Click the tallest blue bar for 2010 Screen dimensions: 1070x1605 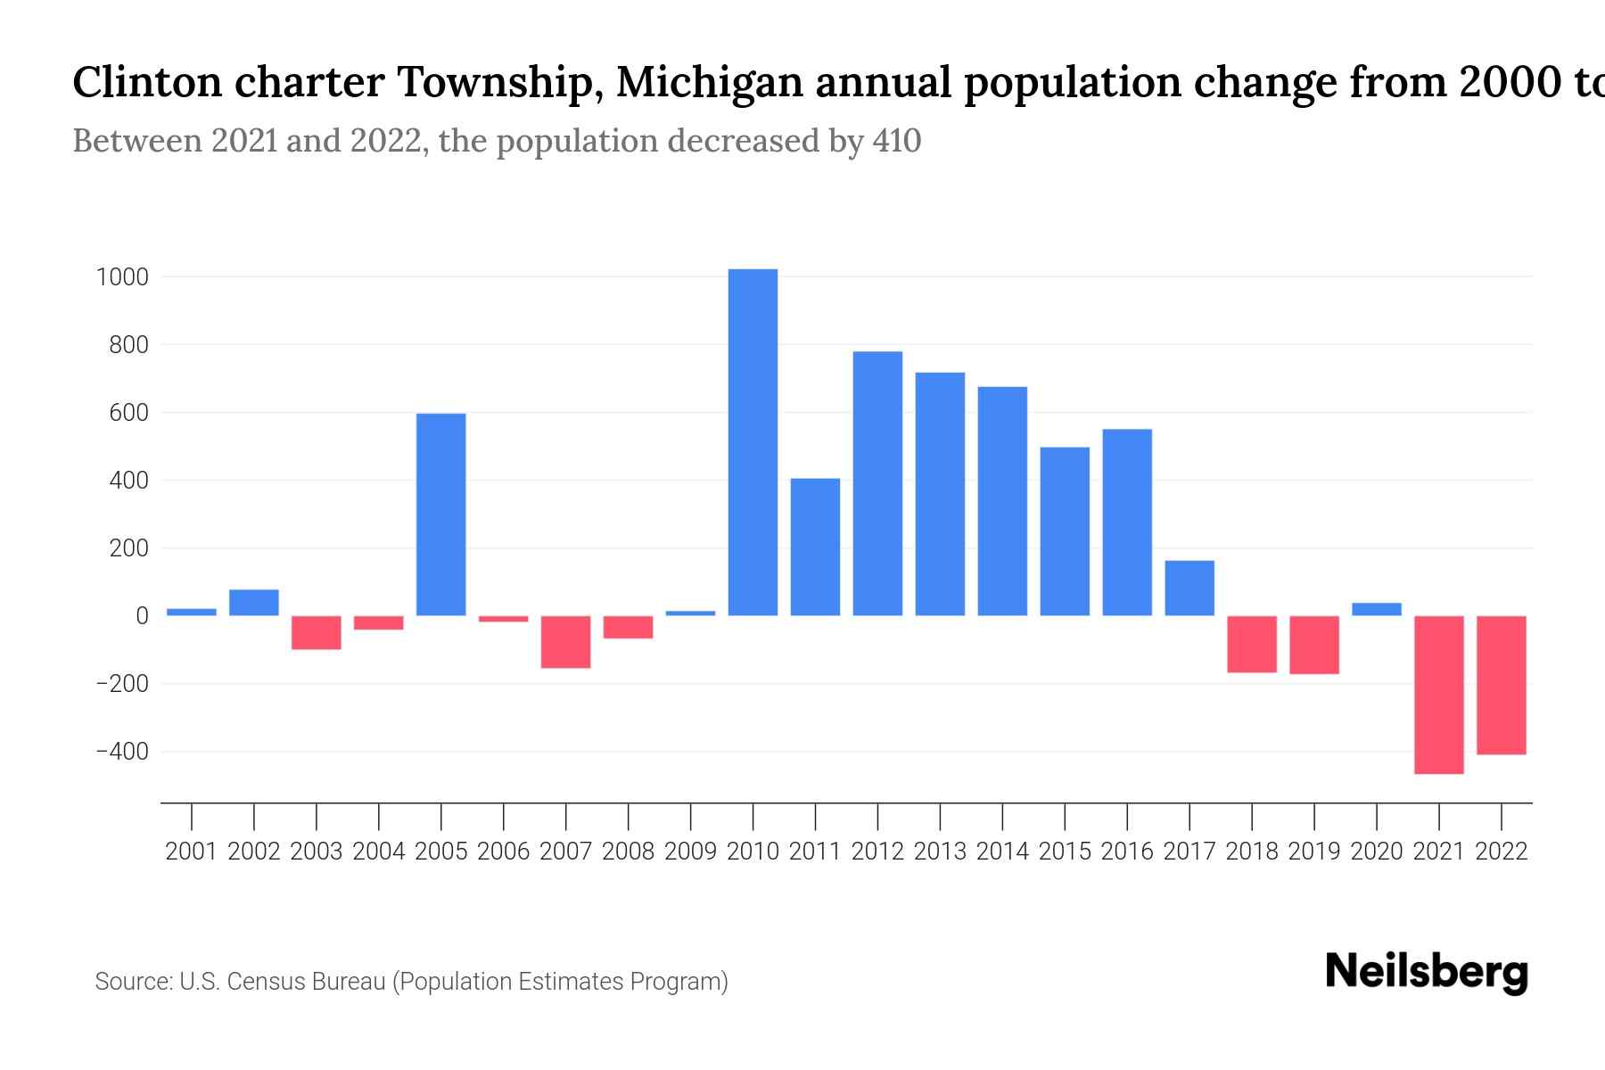753,442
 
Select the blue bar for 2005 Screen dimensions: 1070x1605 440,514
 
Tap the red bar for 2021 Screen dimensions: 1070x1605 1439,695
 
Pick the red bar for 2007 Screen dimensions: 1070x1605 565,642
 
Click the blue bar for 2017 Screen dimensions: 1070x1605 1189,588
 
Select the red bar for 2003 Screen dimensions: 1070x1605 317,632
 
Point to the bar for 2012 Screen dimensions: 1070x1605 877,483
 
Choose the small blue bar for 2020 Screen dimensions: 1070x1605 1377,610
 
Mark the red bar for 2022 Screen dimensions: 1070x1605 1502,685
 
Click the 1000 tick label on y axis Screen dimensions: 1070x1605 122,277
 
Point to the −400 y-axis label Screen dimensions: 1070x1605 122,752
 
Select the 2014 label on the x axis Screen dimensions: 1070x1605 1002,852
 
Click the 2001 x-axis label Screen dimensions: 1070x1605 192,852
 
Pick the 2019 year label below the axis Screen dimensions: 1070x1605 1314,852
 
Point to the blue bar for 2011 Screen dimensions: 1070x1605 815,547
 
